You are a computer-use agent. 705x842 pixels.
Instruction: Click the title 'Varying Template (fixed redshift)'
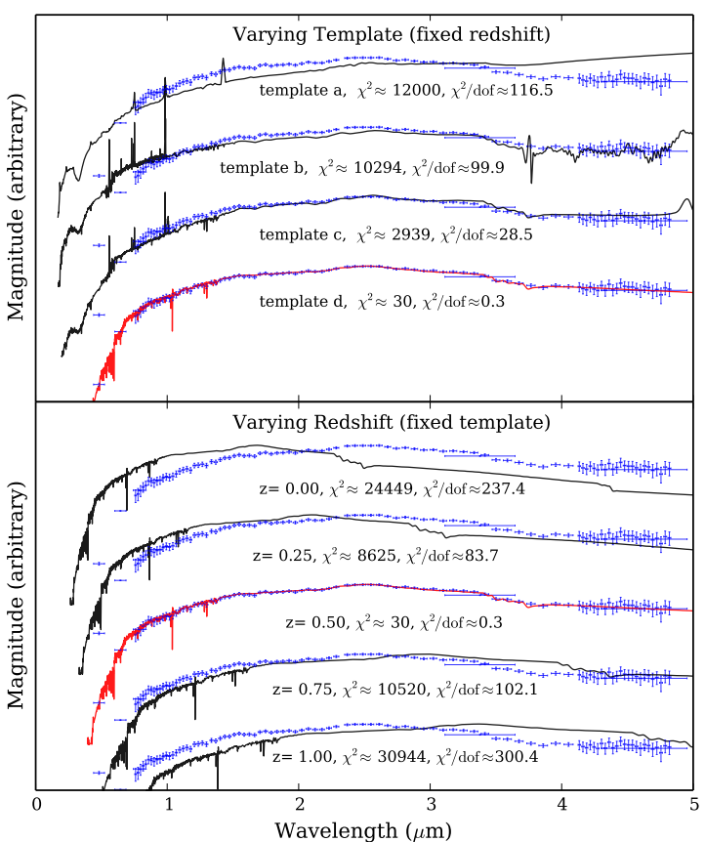[x=392, y=35]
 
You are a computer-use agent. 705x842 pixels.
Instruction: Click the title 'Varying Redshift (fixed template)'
[x=392, y=423]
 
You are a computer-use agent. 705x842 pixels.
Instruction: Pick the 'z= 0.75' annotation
[x=300, y=689]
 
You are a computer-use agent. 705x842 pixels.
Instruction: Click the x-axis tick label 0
[x=36, y=805]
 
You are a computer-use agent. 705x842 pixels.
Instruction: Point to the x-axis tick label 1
[x=168, y=805]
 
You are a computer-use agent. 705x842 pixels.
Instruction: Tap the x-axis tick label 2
[x=299, y=805]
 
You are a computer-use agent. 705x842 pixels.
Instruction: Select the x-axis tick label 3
[x=431, y=805]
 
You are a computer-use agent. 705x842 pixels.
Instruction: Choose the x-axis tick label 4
[x=561, y=805]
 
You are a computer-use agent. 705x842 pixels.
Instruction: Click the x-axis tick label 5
[x=692, y=805]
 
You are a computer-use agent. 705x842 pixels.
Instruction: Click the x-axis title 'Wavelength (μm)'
[x=363, y=829]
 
